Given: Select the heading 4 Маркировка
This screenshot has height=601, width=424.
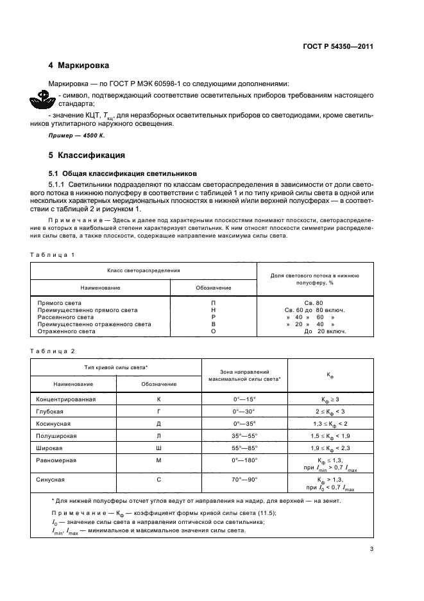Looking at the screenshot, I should tap(79, 65).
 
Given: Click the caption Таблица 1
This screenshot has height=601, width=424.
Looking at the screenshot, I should tap(53, 255).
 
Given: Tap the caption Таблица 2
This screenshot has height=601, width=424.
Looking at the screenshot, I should tap(53, 351).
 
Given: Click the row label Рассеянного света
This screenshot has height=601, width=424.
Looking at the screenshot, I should tap(66, 317).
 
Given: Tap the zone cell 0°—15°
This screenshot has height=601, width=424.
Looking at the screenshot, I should tap(244, 399).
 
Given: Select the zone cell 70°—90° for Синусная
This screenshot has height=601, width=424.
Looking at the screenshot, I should tap(244, 479).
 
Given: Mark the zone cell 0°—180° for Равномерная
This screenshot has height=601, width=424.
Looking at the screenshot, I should tap(244, 460).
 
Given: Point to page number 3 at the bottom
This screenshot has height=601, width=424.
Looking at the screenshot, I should tap(371, 548).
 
